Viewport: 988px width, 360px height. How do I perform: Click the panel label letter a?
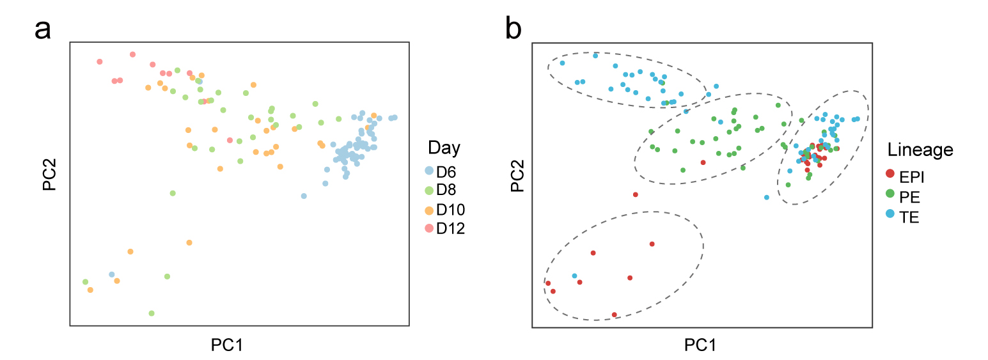(x=43, y=29)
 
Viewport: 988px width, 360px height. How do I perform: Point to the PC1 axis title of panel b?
(x=700, y=345)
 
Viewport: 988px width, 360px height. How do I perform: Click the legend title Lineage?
(x=920, y=150)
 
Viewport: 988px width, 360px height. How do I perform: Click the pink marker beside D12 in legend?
(x=430, y=228)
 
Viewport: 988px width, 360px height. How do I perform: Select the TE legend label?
(x=909, y=217)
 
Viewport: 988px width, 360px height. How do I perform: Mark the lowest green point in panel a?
(x=152, y=313)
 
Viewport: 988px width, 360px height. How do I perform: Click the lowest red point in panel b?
(x=615, y=315)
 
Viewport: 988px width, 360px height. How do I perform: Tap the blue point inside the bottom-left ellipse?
(x=575, y=276)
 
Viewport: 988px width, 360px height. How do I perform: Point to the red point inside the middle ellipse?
(x=703, y=162)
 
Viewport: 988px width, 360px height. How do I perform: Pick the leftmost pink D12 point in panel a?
(x=100, y=62)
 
